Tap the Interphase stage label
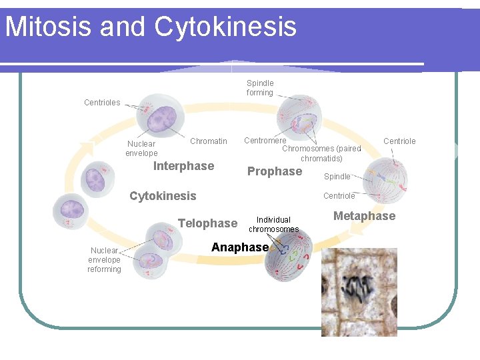[x=183, y=166]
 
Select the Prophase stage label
[x=274, y=171]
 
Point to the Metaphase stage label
[x=364, y=216]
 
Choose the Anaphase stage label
[x=239, y=247]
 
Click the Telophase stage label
[x=207, y=223]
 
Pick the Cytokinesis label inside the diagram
[x=163, y=196]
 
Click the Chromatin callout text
[x=208, y=141]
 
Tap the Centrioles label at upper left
[x=102, y=103]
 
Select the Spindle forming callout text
[x=260, y=88]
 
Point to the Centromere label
[x=265, y=141]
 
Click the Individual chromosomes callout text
[x=273, y=225]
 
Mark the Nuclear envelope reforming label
[x=105, y=260]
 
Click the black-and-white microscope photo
[x=359, y=292]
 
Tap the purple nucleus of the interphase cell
[x=161, y=120]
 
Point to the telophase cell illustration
[x=156, y=253]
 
